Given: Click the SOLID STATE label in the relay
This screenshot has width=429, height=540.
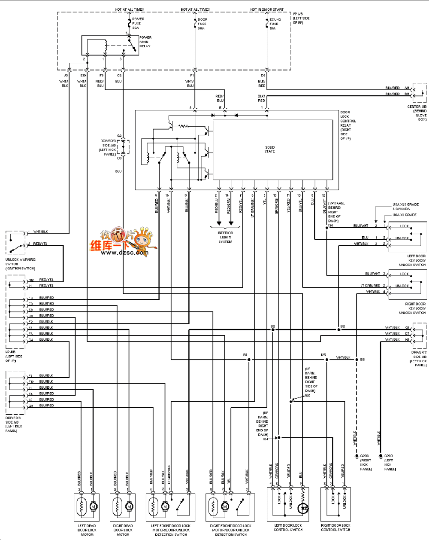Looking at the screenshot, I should pyautogui.click(x=269, y=149).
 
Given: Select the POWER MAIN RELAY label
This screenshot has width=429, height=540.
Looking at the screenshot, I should pyautogui.click(x=145, y=42).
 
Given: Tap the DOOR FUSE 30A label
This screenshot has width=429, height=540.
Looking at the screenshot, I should pyautogui.click(x=202, y=24).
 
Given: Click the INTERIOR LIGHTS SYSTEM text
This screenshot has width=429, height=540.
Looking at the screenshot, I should pyautogui.click(x=225, y=237).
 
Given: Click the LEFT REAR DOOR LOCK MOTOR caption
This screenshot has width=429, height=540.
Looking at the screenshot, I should pyautogui.click(x=87, y=530).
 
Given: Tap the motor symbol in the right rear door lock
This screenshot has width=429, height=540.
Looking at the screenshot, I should pyautogui.click(x=129, y=507).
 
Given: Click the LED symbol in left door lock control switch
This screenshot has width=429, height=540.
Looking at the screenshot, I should pyautogui.click(x=304, y=508).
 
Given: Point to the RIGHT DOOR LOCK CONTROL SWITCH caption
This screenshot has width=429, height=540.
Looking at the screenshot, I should pyautogui.click(x=335, y=528).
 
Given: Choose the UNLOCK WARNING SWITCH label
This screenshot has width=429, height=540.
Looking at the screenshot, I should pyautogui.click(x=20, y=264).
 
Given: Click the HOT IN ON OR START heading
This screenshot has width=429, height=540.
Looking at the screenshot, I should pyautogui.click(x=267, y=9).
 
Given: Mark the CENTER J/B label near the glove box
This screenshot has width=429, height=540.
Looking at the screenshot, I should pyautogui.click(x=417, y=113).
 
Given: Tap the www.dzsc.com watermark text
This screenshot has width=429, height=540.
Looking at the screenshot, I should pyautogui.click(x=124, y=253).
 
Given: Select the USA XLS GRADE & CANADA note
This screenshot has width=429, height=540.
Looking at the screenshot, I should pyautogui.click(x=405, y=207).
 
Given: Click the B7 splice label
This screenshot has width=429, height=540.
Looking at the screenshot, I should pyautogui.click(x=245, y=355).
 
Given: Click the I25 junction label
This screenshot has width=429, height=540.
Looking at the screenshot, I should pyautogui.click(x=323, y=355).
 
